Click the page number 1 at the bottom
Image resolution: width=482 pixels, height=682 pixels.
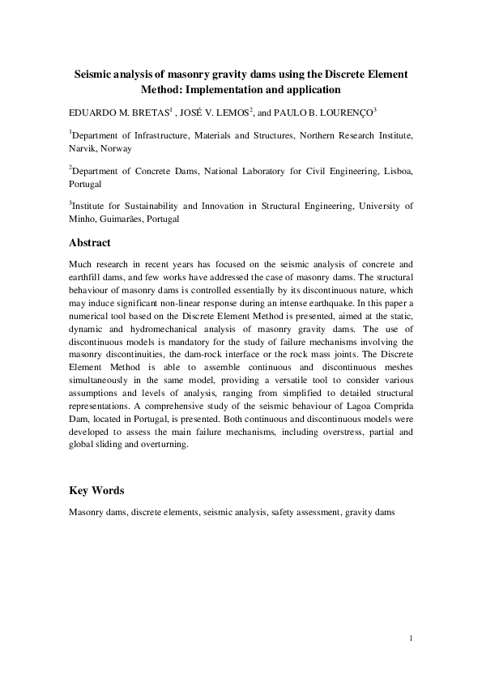tap(412, 640)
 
